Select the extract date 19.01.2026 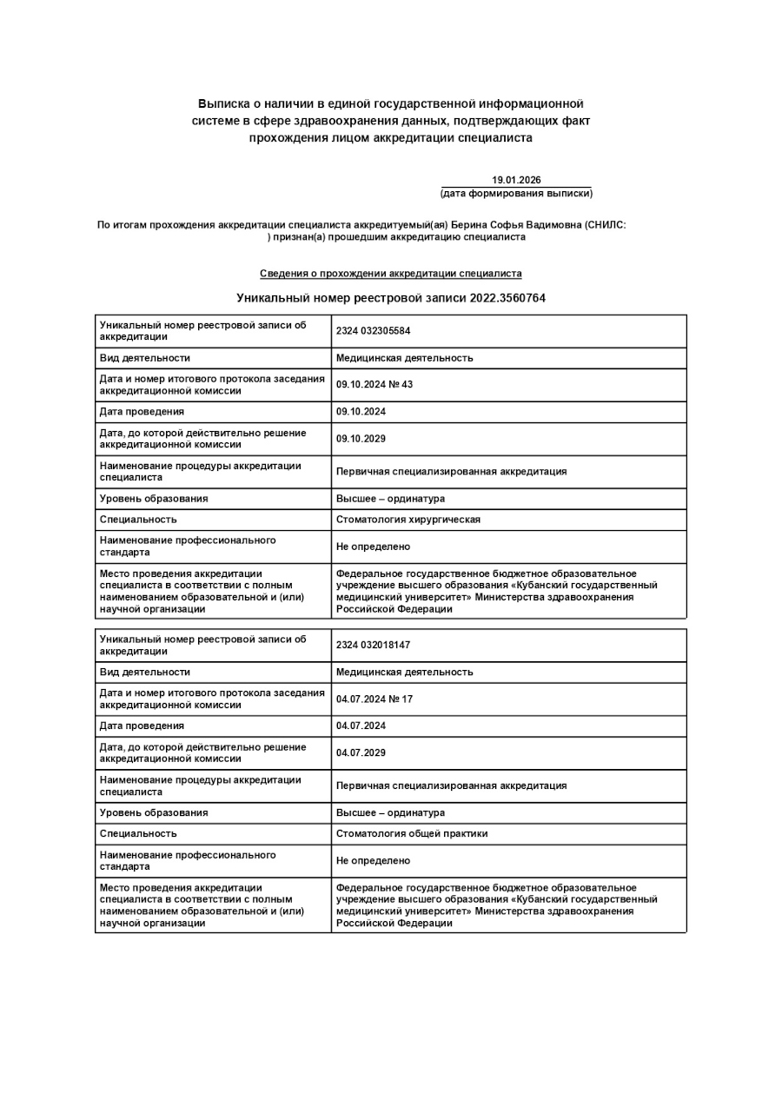click(516, 180)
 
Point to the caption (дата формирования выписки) click(516, 193)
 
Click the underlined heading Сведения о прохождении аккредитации click(390, 274)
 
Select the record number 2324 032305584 click(373, 331)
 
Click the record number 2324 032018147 click(373, 646)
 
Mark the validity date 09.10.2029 click(361, 439)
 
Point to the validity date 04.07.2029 click(361, 753)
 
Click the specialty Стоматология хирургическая click(408, 520)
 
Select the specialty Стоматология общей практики click(412, 834)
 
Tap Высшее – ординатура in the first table click(390, 499)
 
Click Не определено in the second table click(373, 861)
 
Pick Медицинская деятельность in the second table click(404, 673)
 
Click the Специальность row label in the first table click(138, 520)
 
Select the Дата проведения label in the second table click(142, 726)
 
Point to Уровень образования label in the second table click(154, 813)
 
